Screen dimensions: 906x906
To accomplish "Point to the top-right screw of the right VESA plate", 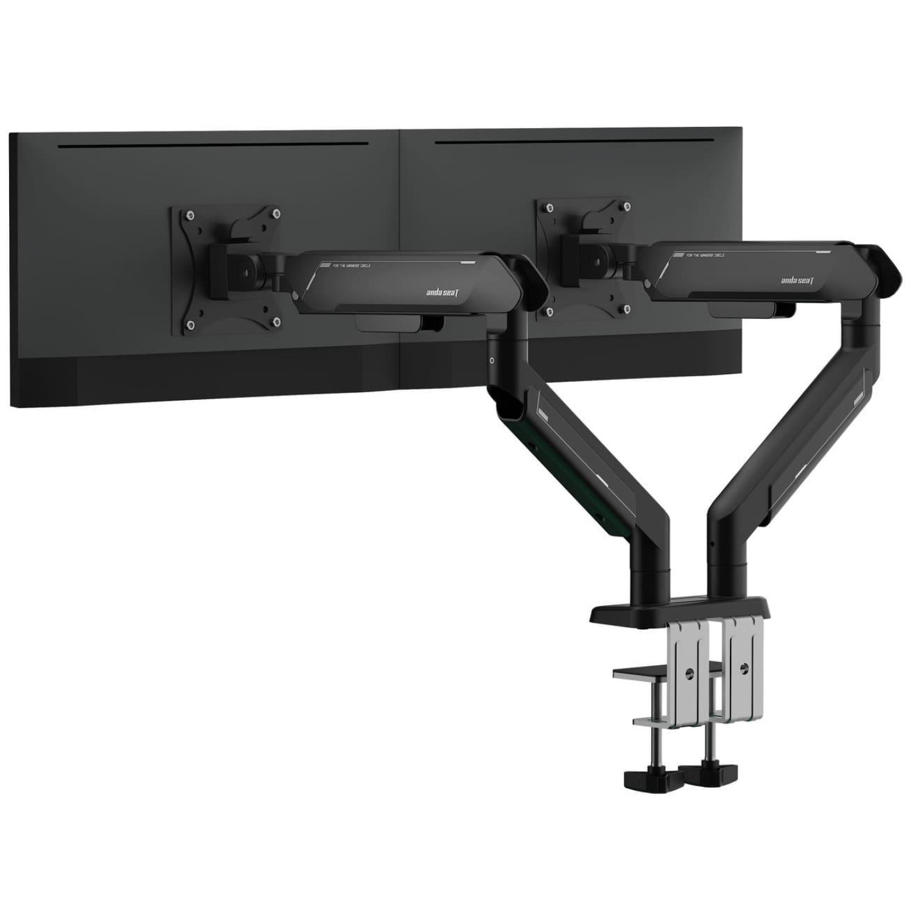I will click(x=626, y=207).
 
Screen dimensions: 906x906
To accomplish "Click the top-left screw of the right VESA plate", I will click(x=549, y=208).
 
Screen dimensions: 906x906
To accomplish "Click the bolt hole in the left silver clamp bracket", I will click(x=691, y=673).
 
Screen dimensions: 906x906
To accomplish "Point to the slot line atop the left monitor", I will click(x=213, y=145).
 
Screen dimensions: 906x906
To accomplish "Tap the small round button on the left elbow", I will click(x=493, y=360).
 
